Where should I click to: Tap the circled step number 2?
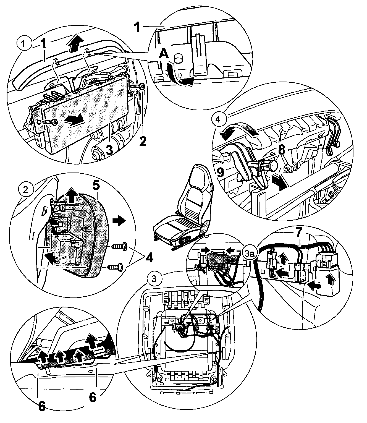(x=25, y=190)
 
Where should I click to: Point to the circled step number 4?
(x=218, y=120)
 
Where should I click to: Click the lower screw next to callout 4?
(x=116, y=268)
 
